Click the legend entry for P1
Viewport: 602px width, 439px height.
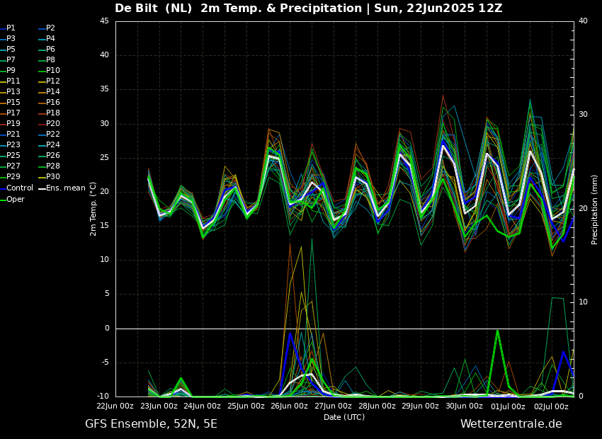click(11, 28)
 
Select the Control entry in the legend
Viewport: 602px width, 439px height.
click(19, 188)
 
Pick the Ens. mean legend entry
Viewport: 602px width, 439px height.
click(65, 188)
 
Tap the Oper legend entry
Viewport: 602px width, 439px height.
click(16, 199)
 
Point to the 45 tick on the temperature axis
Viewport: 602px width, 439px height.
click(104, 21)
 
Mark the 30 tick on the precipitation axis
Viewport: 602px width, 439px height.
click(583, 115)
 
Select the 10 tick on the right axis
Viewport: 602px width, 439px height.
click(583, 302)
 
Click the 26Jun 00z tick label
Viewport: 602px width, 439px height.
click(289, 406)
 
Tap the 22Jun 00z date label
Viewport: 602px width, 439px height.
click(115, 406)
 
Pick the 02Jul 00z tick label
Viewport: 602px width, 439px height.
click(551, 406)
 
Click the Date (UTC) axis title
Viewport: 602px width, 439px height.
click(344, 417)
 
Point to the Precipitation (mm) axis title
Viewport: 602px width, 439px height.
click(595, 209)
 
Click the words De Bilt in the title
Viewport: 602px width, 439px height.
click(140, 8)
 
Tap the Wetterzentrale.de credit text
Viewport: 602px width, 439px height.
click(511, 424)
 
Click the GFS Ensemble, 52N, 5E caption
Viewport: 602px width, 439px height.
click(151, 424)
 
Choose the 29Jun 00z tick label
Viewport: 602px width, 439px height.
click(420, 406)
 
